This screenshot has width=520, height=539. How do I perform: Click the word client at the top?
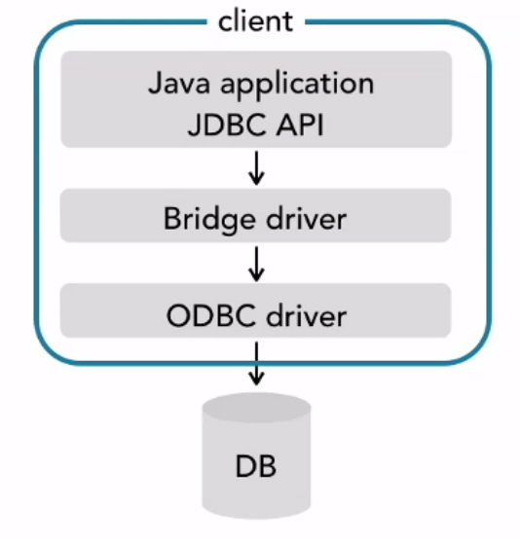tap(255, 20)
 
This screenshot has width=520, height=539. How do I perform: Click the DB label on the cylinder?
tap(256, 465)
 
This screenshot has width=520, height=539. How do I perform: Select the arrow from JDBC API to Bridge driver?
tap(256, 166)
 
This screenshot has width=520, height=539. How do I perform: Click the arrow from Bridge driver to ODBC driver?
tap(256, 262)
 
